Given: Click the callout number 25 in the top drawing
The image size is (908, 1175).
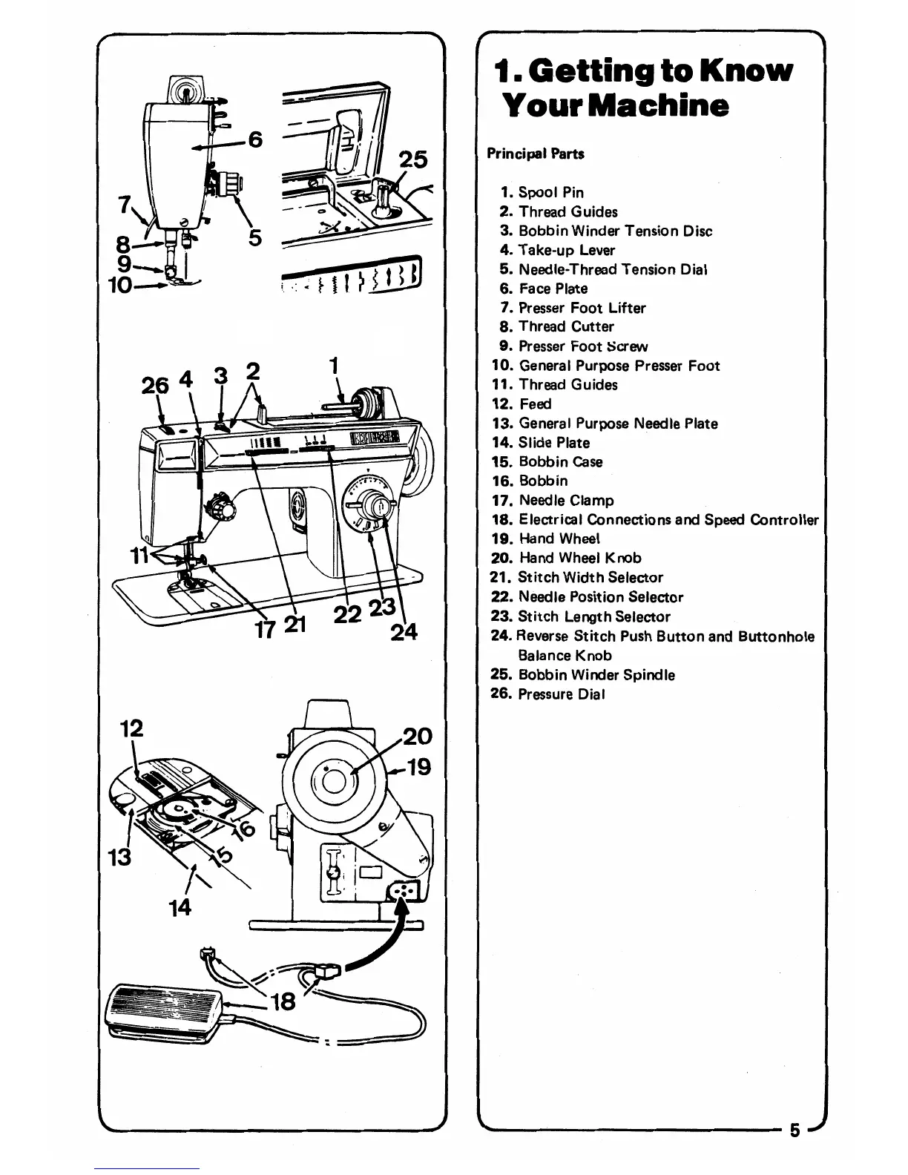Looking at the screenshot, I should coord(413,160).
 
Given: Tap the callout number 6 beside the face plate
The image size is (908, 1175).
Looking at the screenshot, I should coord(254,139).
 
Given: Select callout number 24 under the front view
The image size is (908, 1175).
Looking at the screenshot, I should coord(404,632).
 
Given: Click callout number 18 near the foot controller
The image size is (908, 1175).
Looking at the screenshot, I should coord(283,1002).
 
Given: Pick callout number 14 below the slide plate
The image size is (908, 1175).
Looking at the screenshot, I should coord(180,906).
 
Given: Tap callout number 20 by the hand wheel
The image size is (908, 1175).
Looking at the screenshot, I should coord(417,736).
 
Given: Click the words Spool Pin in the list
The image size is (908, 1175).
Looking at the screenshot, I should coord(550,192).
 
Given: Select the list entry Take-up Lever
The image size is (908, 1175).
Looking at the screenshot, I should coord(566,250).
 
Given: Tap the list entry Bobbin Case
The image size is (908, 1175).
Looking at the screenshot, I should coord(560,461).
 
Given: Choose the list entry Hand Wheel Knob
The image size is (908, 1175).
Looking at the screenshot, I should coord(579,558).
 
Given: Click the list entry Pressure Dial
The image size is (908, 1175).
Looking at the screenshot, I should coord(562,694).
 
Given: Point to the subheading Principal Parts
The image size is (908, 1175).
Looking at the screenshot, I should coord(536,154).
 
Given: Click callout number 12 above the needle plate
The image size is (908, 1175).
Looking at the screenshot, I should coord(131,728).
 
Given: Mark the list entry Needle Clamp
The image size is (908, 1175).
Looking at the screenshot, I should coord(566,500).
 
